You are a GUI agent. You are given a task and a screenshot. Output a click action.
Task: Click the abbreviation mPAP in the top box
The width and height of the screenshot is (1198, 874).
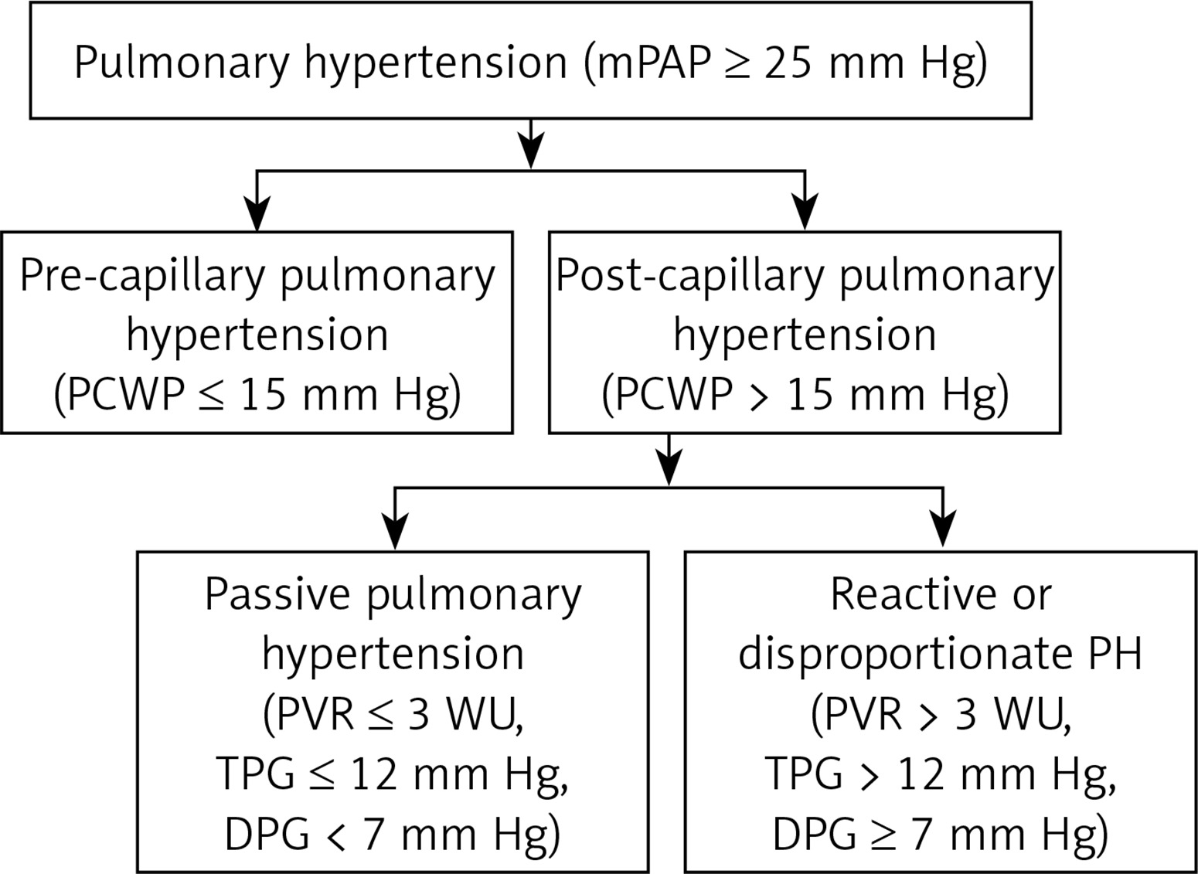click(x=653, y=63)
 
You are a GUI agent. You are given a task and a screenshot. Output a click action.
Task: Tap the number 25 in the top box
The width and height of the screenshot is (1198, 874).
click(x=788, y=63)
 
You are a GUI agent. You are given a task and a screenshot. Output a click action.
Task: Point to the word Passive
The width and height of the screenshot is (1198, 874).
click(x=277, y=595)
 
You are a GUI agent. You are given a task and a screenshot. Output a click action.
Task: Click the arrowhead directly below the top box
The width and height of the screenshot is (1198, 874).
click(x=530, y=151)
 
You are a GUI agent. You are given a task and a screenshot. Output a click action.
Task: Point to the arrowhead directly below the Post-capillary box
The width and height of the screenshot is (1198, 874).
click(x=669, y=468)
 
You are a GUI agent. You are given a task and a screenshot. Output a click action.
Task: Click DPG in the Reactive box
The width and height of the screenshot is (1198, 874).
click(x=815, y=835)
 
